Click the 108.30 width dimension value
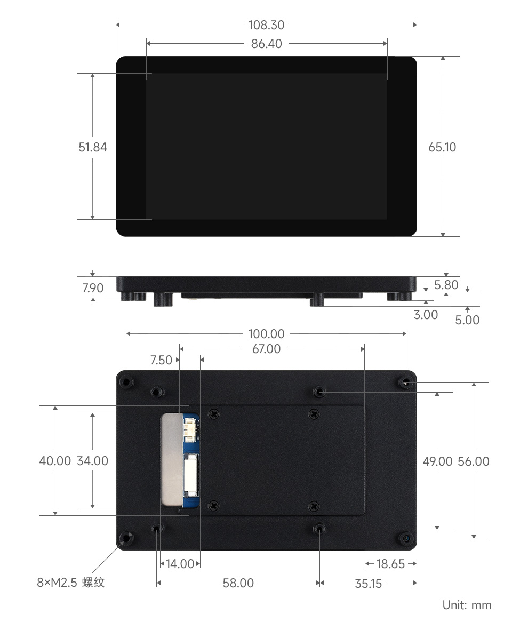coord(266,25)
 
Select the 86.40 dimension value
coord(266,44)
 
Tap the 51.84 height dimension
coord(93,147)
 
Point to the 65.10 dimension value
coord(442,147)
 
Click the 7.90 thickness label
coord(93,288)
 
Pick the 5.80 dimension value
coord(446,285)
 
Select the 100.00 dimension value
coord(266,334)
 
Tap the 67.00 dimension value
coord(266,349)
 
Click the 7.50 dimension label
coord(162,360)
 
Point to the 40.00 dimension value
coord(55,461)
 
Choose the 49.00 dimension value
coord(437,461)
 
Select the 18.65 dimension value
coord(390,564)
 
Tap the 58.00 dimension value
coord(238,583)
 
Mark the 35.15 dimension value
coord(369,583)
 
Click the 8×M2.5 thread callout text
coord(71,582)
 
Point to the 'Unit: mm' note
coord(467,605)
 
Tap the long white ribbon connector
coord(190,475)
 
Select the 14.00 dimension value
coord(180,564)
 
